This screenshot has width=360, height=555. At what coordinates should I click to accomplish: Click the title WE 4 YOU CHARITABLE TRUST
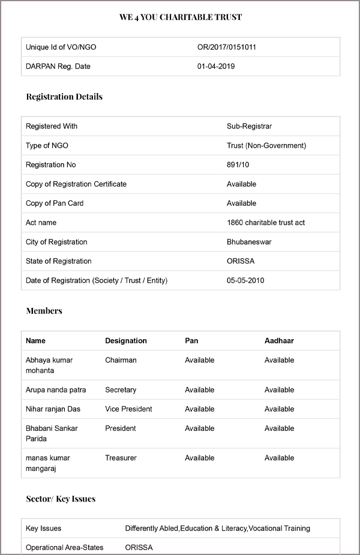click(x=180, y=17)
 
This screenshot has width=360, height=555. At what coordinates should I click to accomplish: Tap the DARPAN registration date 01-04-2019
click(x=216, y=66)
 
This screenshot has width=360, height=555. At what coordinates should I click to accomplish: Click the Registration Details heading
click(x=64, y=97)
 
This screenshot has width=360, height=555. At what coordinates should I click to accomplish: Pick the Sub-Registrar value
click(x=249, y=126)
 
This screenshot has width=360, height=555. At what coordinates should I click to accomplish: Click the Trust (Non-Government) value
click(x=266, y=145)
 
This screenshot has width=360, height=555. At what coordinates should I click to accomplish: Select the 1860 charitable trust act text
click(x=266, y=223)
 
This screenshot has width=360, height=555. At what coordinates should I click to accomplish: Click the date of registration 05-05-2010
click(x=245, y=280)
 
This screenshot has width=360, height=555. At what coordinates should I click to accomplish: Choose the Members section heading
click(x=44, y=311)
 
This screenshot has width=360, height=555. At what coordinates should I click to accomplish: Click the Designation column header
click(x=126, y=341)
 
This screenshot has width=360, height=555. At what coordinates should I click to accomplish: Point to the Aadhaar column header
click(x=279, y=341)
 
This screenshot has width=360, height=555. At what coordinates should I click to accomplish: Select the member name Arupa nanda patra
click(x=56, y=390)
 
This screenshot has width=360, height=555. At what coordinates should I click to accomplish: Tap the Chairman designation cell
click(x=121, y=360)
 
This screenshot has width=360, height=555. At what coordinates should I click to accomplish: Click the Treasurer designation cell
click(x=121, y=458)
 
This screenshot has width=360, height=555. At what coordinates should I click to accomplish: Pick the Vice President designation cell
click(x=128, y=409)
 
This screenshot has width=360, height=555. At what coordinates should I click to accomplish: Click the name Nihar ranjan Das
click(x=53, y=409)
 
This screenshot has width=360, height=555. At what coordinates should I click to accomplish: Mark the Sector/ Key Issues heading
click(x=61, y=499)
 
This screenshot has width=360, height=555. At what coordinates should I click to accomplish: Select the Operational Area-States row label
click(x=65, y=547)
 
